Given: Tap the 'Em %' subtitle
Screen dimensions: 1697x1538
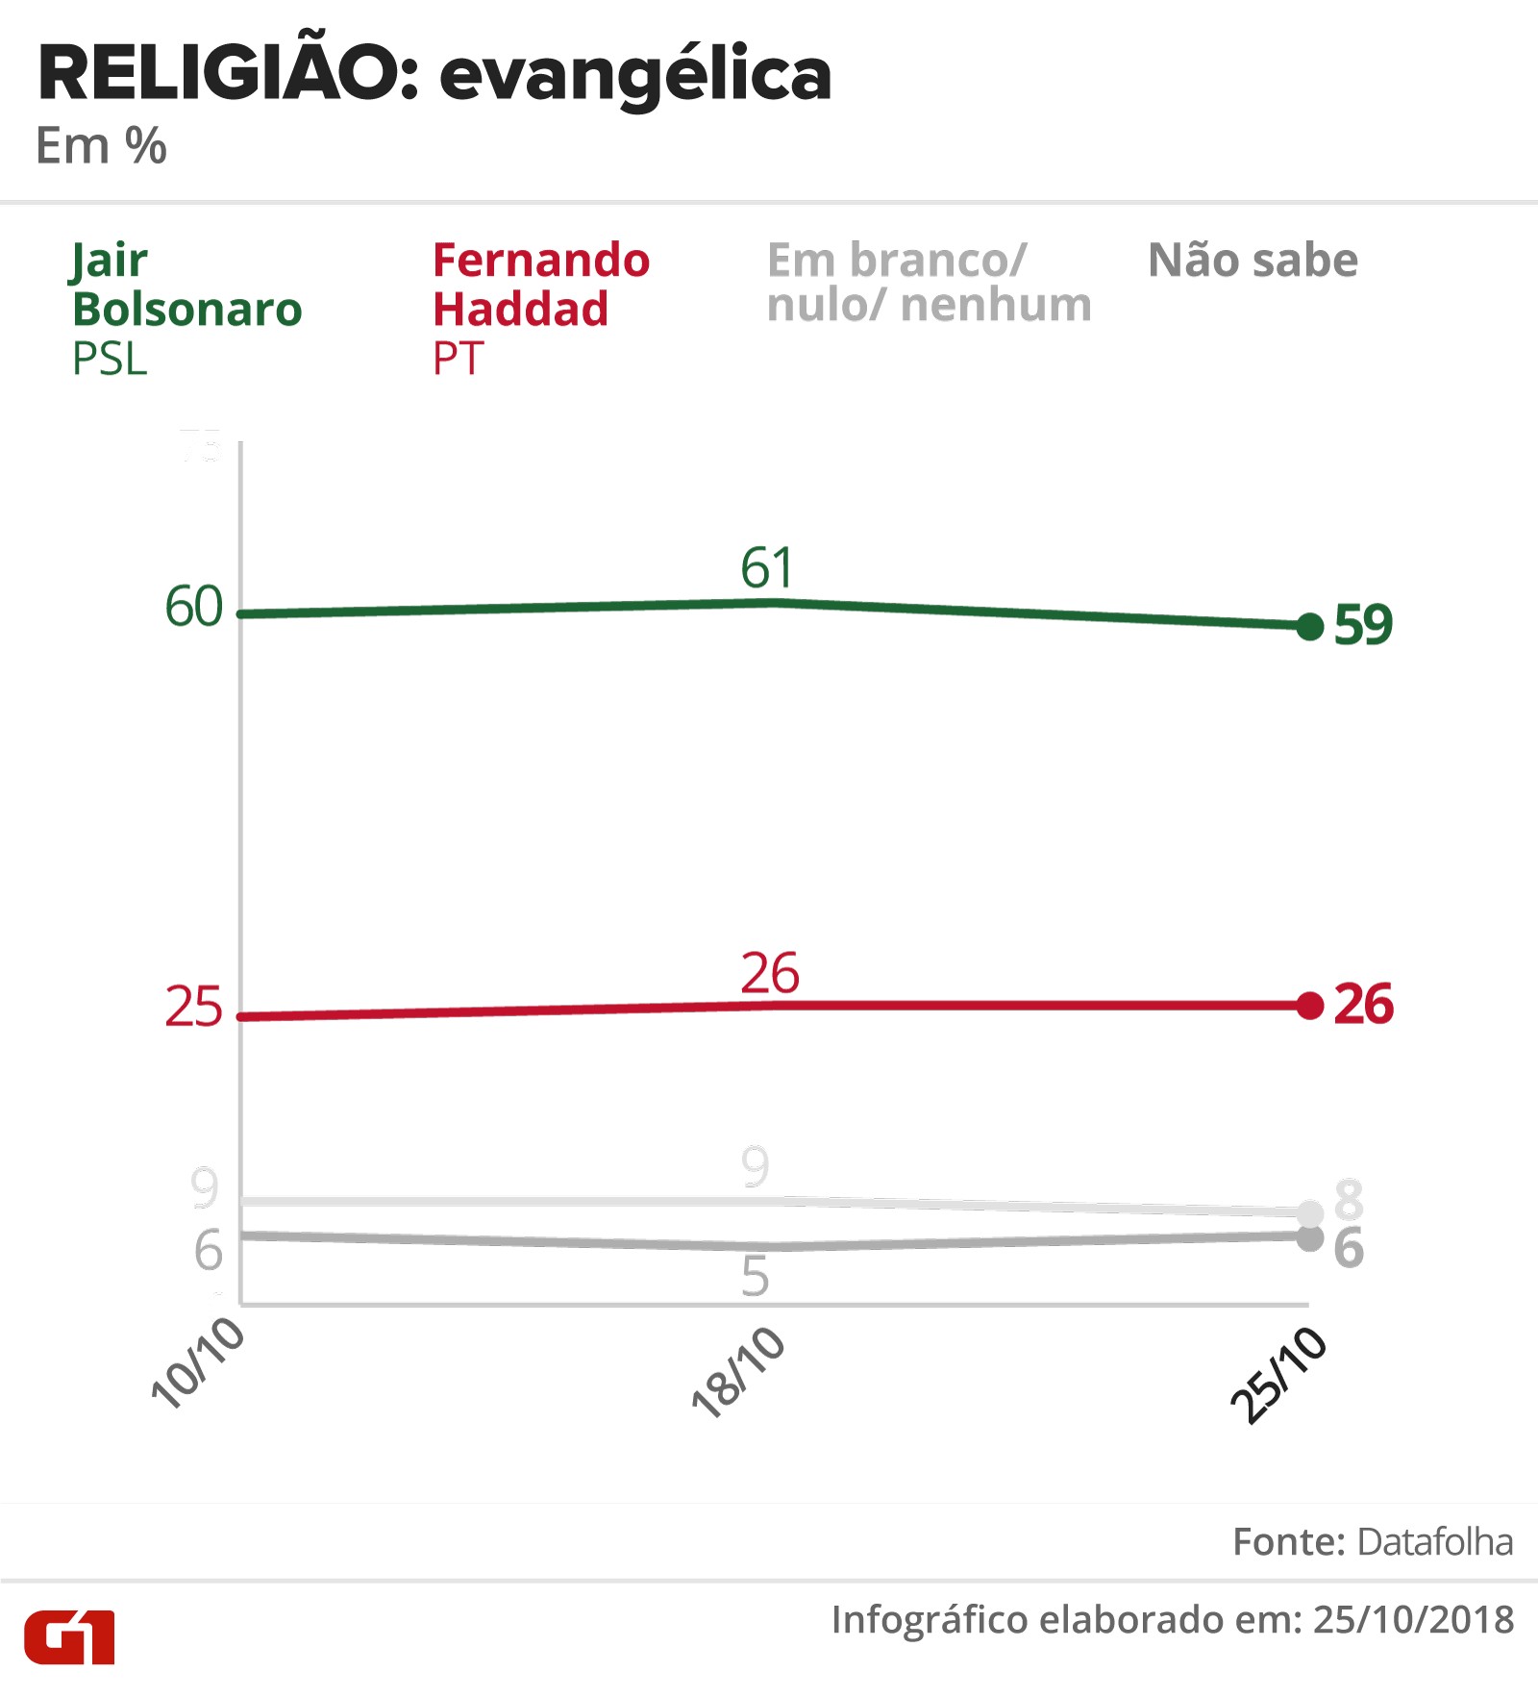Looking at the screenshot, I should point(101,146).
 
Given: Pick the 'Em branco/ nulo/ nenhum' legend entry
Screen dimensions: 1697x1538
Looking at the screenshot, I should point(929,283).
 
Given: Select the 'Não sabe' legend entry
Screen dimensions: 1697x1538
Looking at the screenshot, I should point(1253,261).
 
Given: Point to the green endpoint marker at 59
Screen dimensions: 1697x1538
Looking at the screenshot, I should point(1309,627).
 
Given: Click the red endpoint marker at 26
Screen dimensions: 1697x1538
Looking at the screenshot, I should point(1309,1006).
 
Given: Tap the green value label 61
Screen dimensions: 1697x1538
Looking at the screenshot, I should point(767,568).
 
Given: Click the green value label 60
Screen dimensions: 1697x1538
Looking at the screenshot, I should point(193,608).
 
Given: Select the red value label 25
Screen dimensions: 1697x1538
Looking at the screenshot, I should point(193,1008).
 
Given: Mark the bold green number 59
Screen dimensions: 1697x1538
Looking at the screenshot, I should point(1363,625).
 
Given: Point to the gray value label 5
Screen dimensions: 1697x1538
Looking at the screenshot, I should point(756,1277).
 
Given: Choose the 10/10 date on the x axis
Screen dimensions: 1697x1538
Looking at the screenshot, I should point(198,1363).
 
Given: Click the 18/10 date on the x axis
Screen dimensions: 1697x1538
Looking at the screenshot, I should point(738,1372).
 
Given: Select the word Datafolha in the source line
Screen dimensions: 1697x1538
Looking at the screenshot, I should point(1434,1542).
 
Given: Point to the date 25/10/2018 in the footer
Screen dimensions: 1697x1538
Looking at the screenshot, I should point(1413,1620).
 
